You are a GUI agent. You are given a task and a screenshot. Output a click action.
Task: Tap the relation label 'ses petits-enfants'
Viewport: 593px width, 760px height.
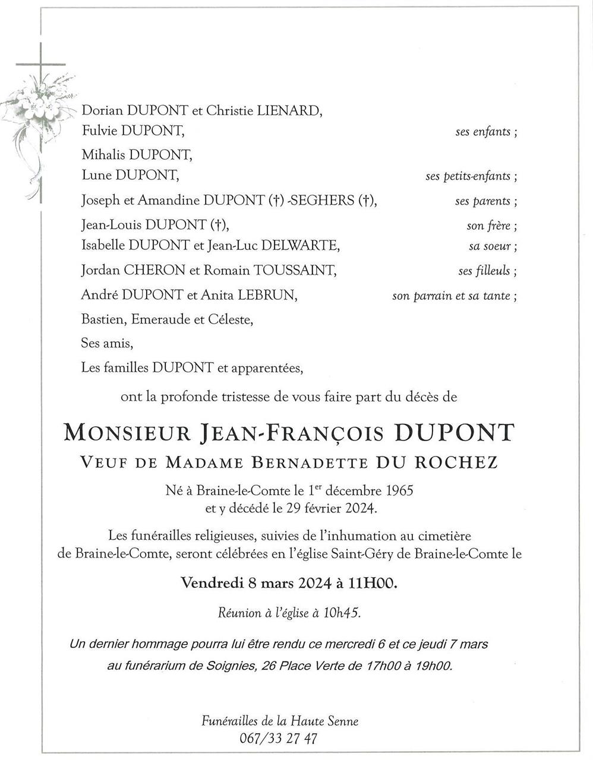(x=471, y=176)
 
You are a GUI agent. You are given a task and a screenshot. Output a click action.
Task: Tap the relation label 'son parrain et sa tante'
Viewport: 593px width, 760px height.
(x=454, y=296)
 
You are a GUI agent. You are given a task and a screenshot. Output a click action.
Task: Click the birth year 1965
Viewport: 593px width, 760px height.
(x=399, y=492)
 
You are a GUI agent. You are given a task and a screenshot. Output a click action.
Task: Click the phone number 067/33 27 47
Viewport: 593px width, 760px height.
(x=276, y=739)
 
